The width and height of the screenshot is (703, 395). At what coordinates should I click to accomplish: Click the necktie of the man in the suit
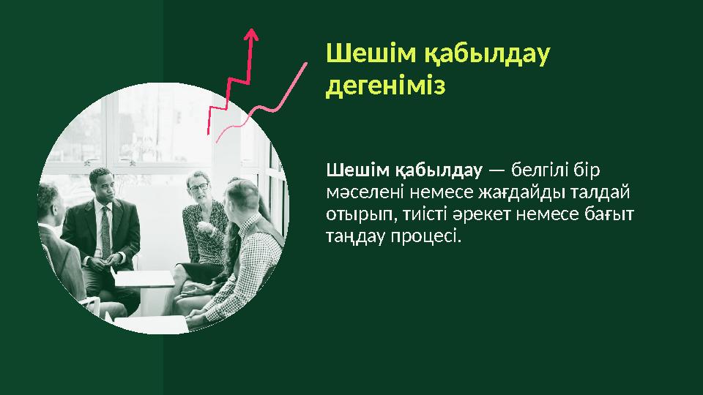tap(105, 231)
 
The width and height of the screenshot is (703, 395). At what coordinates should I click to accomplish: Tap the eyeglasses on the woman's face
tap(198, 187)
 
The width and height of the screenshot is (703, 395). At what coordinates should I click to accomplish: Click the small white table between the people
tap(144, 279)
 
